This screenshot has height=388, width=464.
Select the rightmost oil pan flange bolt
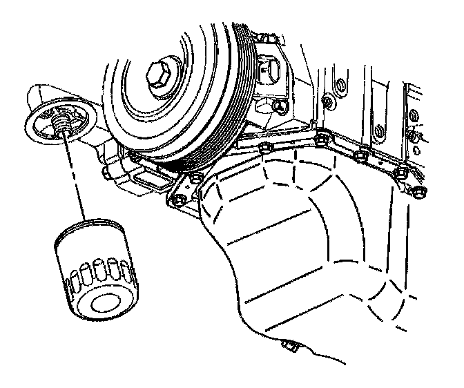coord(421,189)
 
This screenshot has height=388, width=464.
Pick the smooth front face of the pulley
coord(138,110)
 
